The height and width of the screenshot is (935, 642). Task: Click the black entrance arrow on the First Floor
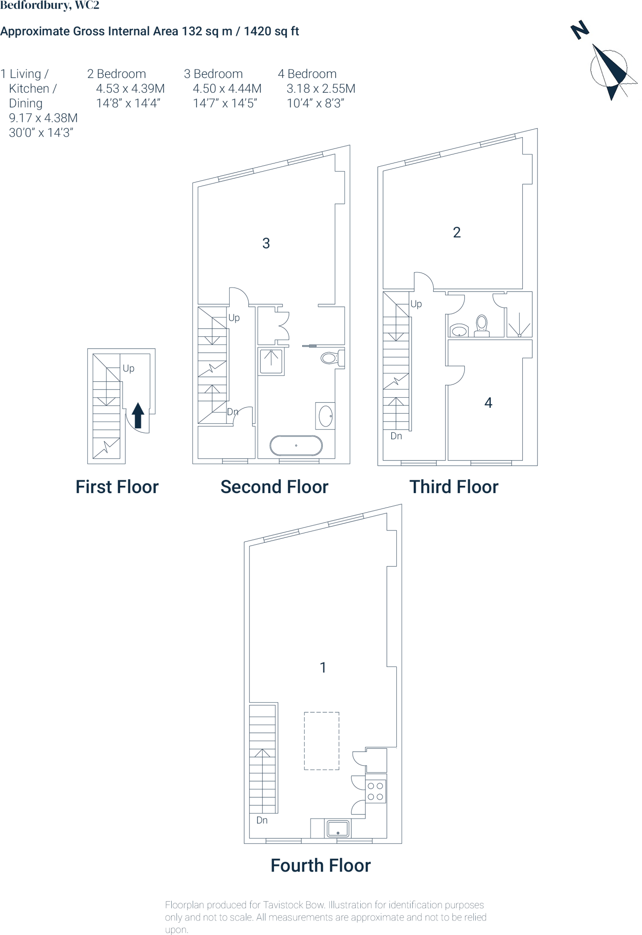tap(138, 415)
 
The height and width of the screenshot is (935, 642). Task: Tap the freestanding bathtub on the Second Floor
tap(296, 446)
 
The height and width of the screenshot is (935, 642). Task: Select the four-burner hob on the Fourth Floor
tap(376, 791)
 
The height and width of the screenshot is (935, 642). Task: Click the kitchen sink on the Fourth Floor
tap(338, 828)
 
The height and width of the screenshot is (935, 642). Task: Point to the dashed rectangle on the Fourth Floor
tap(321, 741)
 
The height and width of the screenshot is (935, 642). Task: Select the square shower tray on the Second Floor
tap(271, 361)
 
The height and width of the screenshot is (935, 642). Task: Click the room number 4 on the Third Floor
tap(488, 403)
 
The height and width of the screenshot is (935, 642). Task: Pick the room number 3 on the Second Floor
tap(266, 243)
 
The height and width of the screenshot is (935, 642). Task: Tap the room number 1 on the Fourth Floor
tap(323, 667)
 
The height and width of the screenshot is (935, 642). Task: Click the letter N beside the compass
tap(580, 30)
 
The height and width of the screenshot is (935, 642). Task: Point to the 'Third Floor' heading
tap(453, 487)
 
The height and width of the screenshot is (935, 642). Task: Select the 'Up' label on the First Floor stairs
tap(128, 368)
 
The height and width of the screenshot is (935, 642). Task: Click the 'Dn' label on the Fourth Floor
tap(262, 820)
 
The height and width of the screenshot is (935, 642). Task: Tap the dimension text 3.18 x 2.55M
tap(321, 89)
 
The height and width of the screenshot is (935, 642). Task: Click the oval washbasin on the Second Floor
tap(326, 416)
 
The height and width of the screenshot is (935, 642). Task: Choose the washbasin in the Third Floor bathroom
tap(459, 330)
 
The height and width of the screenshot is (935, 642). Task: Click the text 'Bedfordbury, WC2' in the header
tap(50, 5)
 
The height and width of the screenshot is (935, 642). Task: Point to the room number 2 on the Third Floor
tap(457, 232)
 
